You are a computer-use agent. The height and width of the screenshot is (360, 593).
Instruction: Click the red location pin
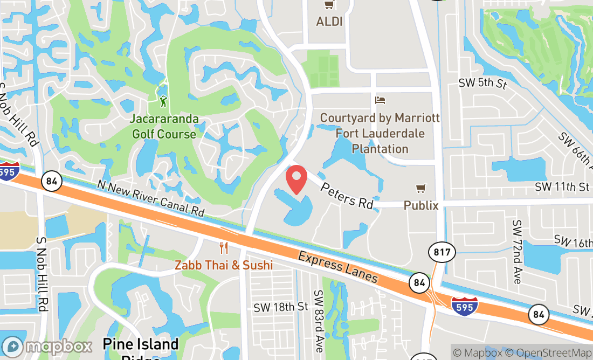296,179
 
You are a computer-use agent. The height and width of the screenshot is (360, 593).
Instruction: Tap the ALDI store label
329,22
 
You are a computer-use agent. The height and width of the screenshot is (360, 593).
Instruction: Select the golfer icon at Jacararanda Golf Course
163,101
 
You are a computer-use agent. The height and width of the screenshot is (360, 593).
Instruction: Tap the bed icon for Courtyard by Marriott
380,100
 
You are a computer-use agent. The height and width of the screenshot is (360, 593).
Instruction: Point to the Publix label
421,205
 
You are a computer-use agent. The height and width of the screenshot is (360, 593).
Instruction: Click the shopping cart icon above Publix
421,188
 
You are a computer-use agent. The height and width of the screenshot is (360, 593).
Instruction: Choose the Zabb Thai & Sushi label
223,265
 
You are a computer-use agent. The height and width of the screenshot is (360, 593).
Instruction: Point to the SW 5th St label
482,84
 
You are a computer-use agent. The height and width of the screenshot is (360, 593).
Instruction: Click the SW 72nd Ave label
517,252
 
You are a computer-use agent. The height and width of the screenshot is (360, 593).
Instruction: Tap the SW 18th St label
281,307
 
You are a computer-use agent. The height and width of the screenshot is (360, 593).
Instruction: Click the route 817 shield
443,252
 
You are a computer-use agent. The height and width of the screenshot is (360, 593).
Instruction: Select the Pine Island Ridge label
141,348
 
